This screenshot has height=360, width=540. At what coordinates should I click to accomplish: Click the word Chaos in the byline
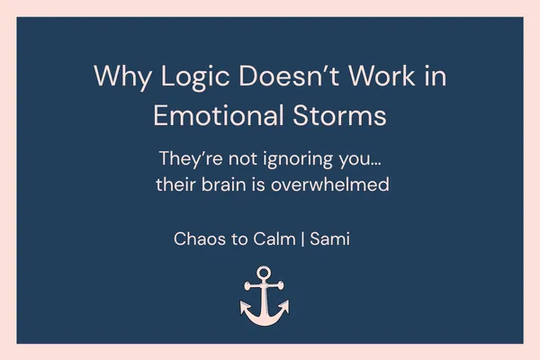coord(197,240)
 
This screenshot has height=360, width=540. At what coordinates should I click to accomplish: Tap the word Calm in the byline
coord(274,240)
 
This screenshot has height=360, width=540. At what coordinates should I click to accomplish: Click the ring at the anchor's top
coord(265,272)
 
